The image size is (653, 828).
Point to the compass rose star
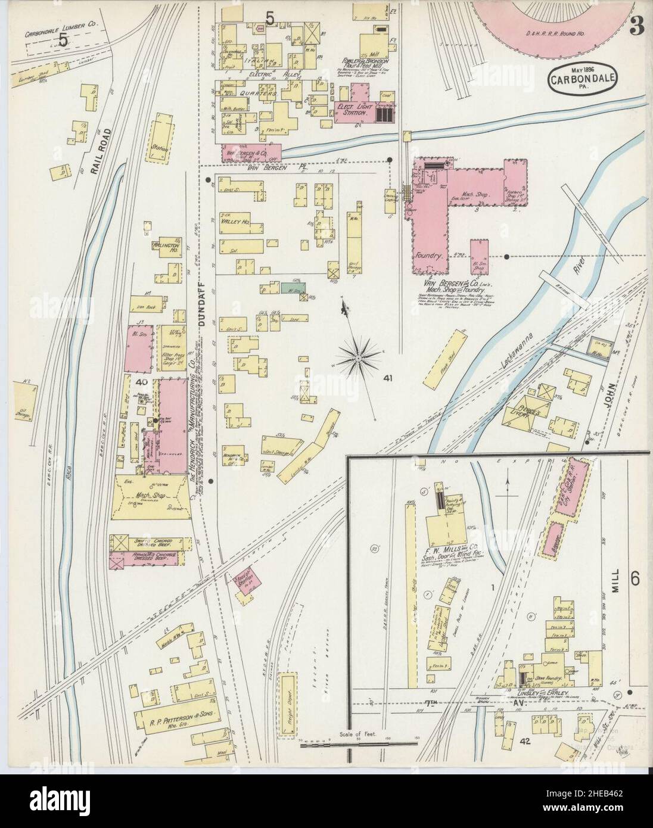pos(359,358)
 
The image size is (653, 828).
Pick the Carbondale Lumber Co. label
pos(56,17)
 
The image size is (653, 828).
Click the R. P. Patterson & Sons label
pos(173,714)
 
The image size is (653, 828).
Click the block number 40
pos(141,382)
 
